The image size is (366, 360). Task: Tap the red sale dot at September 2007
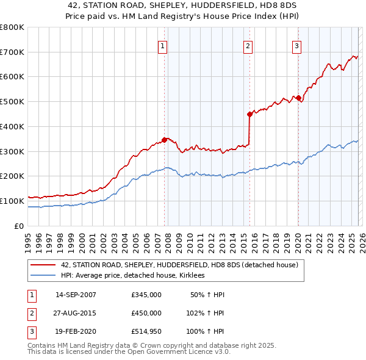click(164, 140)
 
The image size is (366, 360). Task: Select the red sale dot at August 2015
click(249, 114)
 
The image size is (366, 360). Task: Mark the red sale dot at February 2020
click(298, 98)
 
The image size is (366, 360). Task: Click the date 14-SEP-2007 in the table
click(76, 295)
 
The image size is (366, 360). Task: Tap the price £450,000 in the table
click(146, 313)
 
